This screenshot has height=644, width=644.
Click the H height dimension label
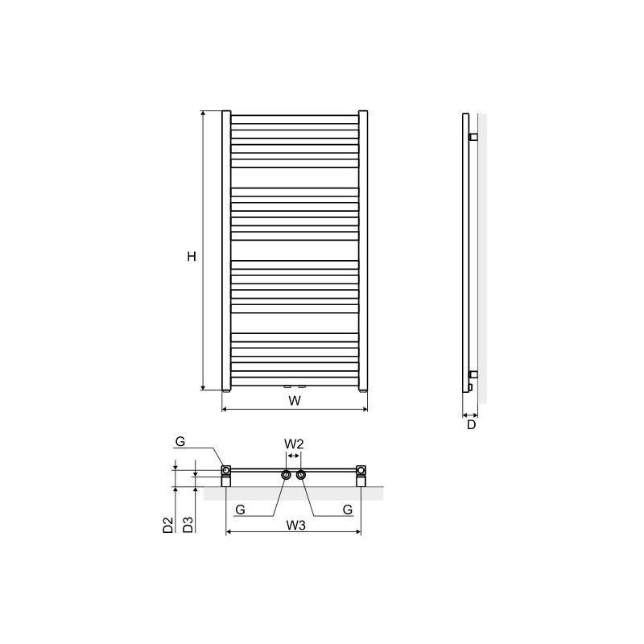click(192, 257)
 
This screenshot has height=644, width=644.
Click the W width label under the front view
click(295, 400)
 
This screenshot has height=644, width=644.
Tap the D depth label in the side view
click(471, 424)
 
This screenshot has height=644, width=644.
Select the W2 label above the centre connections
click(294, 444)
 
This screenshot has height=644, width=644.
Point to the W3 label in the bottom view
click(295, 525)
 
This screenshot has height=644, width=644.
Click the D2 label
click(168, 525)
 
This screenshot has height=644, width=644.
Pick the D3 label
click(188, 525)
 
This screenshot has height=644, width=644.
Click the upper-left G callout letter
click(180, 441)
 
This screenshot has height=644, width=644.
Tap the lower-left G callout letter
click(240, 510)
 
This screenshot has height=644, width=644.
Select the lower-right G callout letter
click(348, 510)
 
